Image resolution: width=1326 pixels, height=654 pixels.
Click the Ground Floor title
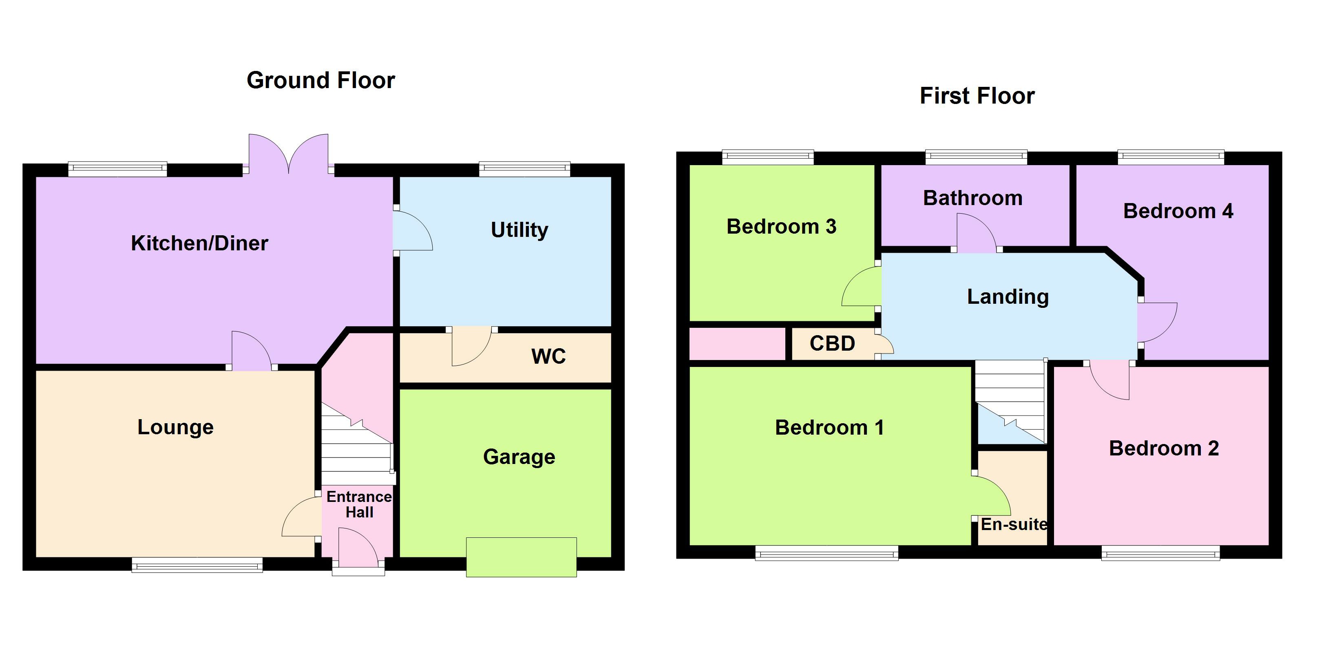click(320, 80)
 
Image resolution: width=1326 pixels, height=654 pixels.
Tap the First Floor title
click(977, 96)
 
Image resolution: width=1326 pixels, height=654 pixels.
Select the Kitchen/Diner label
click(199, 243)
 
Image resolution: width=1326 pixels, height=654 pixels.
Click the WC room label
click(548, 356)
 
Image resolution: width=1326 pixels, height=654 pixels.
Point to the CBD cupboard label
click(832, 343)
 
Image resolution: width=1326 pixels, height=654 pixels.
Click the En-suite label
click(1013, 524)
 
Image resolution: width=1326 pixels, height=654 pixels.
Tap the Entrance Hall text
click(359, 504)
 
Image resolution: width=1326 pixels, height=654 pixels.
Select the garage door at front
click(521, 557)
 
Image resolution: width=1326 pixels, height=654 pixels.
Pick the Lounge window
click(197, 566)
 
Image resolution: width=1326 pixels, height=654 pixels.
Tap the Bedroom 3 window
click(767, 157)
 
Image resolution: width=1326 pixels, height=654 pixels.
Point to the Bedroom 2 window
click(1160, 554)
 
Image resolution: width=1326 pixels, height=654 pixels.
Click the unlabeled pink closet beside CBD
click(737, 344)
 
